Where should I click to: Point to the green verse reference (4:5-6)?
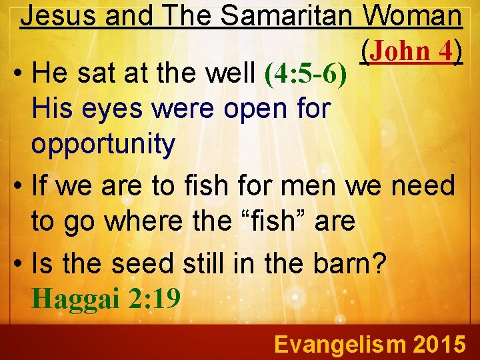point(306,75)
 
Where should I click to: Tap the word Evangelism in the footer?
point(339,345)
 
